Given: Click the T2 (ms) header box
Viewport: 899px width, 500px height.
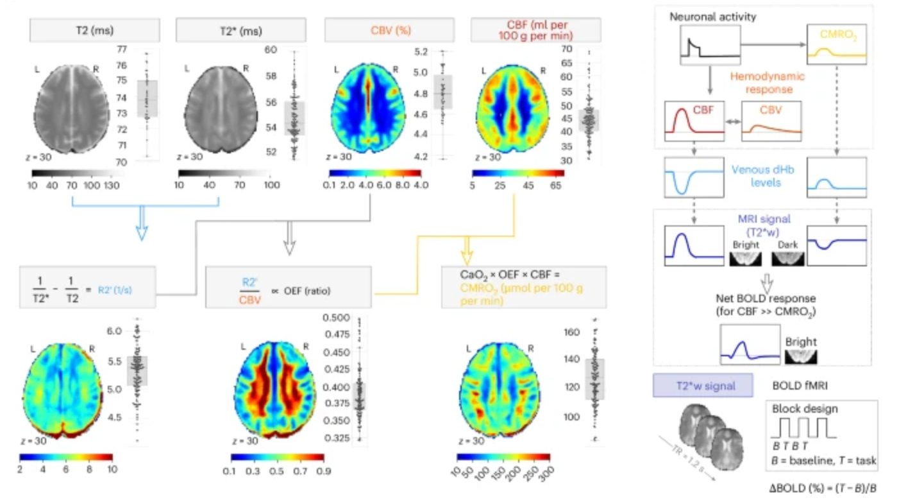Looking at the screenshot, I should [95, 30].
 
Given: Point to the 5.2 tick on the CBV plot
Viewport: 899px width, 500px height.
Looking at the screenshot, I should [421, 51].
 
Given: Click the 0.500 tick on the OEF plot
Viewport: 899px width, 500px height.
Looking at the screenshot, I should [333, 318].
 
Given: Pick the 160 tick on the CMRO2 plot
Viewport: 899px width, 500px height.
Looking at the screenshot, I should [571, 332].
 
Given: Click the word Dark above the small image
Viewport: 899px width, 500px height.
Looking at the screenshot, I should [787, 245].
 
